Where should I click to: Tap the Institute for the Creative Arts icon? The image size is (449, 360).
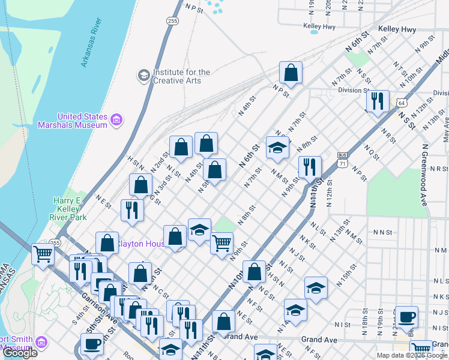(x=144, y=76)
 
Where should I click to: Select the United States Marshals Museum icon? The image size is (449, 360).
(x=117, y=121)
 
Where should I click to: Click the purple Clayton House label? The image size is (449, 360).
(x=139, y=244)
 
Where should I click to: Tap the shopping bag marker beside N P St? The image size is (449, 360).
(x=291, y=73)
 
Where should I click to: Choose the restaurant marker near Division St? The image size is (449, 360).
(x=377, y=100)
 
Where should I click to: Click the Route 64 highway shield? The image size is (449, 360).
(x=400, y=103)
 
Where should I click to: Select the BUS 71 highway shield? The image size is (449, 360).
(x=343, y=158)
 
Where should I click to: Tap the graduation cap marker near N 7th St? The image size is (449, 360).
(x=277, y=148)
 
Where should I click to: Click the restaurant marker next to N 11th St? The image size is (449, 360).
(x=310, y=166)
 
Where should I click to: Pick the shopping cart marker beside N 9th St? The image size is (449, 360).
(x=221, y=242)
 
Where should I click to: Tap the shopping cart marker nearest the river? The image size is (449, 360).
(x=43, y=254)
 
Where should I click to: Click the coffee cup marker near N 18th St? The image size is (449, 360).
(x=406, y=316)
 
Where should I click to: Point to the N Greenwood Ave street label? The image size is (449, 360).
(x=426, y=175)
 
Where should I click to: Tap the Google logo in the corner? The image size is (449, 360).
(x=20, y=353)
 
